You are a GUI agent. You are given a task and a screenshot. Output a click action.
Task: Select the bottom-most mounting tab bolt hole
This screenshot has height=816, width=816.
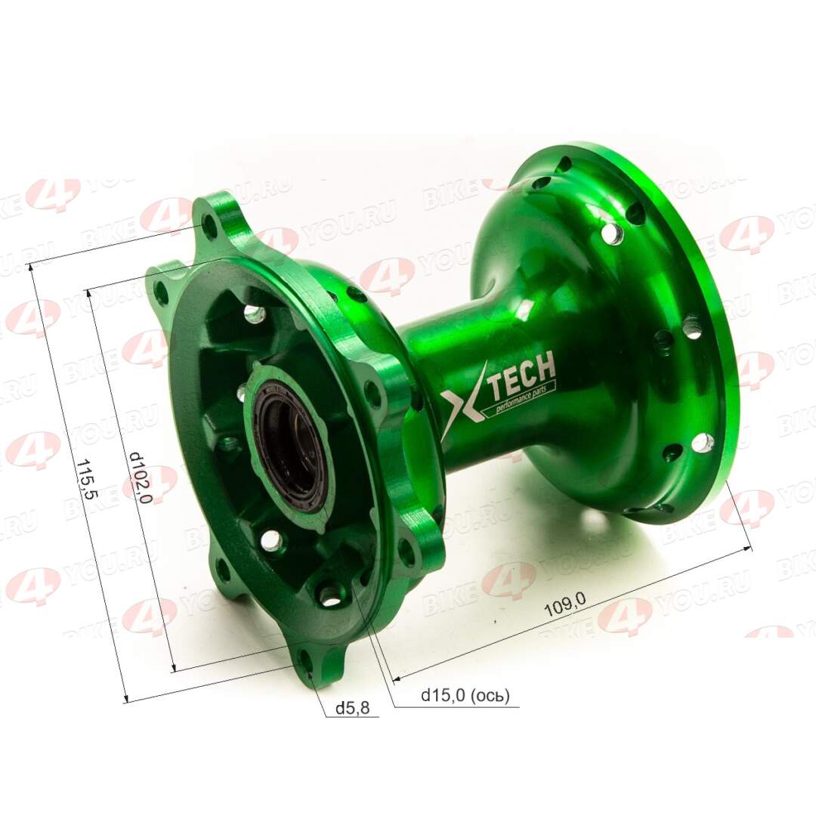[306, 661]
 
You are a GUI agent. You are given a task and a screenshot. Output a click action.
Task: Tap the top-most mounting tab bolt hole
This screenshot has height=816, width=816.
[209, 221]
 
